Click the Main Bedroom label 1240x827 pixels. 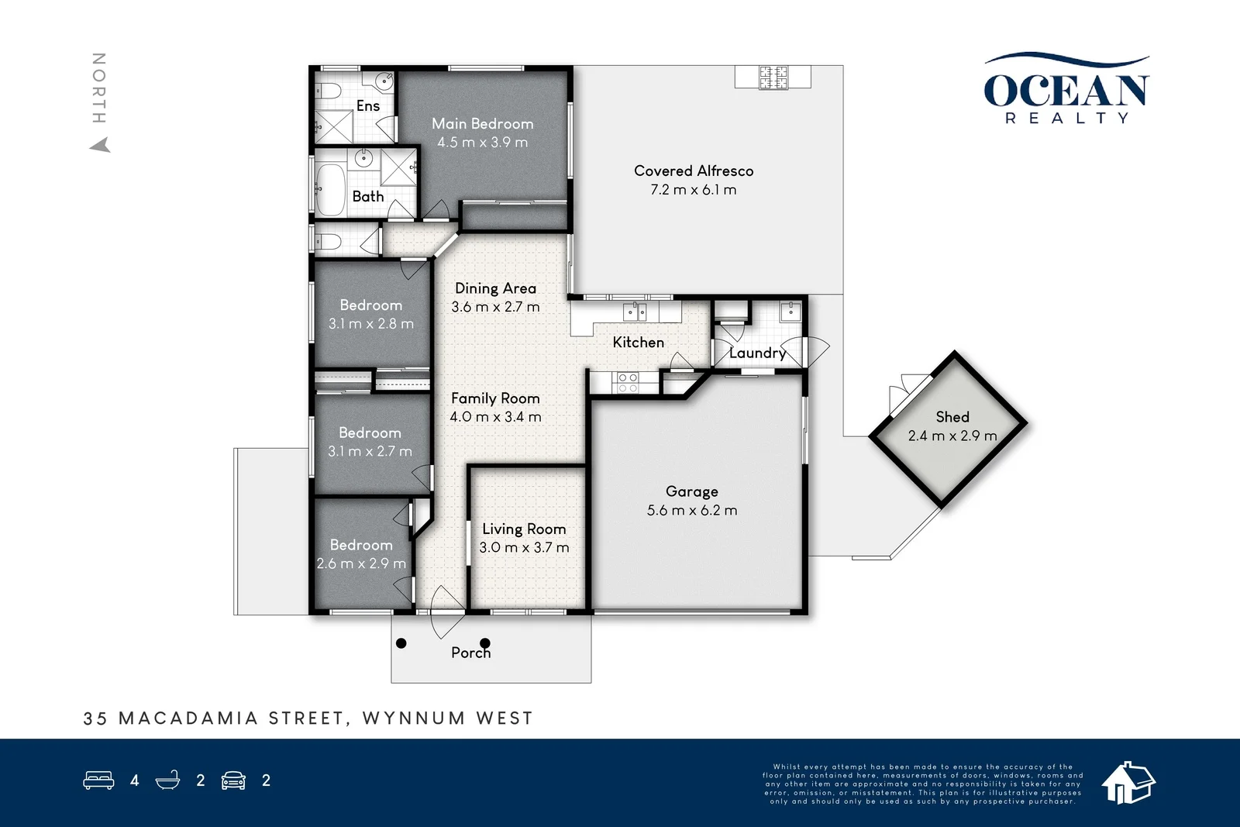[x=482, y=124]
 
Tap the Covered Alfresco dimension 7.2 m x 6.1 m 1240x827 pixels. [x=693, y=190]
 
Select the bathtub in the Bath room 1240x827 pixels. [x=331, y=189]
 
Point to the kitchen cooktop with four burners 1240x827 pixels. [x=625, y=381]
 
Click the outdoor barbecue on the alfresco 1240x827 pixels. [x=773, y=78]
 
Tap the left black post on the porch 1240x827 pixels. [x=401, y=643]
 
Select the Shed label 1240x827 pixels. [x=952, y=417]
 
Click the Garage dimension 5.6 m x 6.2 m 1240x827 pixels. [x=691, y=511]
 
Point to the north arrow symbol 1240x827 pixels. [x=100, y=145]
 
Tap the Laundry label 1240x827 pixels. [x=757, y=353]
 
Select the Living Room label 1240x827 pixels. [x=524, y=529]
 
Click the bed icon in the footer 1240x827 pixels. [x=98, y=780]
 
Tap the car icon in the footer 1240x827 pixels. [x=233, y=780]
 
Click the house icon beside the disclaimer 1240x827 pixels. [x=1128, y=781]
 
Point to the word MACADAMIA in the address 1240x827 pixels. [x=188, y=718]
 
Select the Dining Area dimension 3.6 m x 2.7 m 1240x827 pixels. [x=495, y=307]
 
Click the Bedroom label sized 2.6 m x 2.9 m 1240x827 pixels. [x=361, y=545]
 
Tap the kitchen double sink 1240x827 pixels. [x=635, y=312]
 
